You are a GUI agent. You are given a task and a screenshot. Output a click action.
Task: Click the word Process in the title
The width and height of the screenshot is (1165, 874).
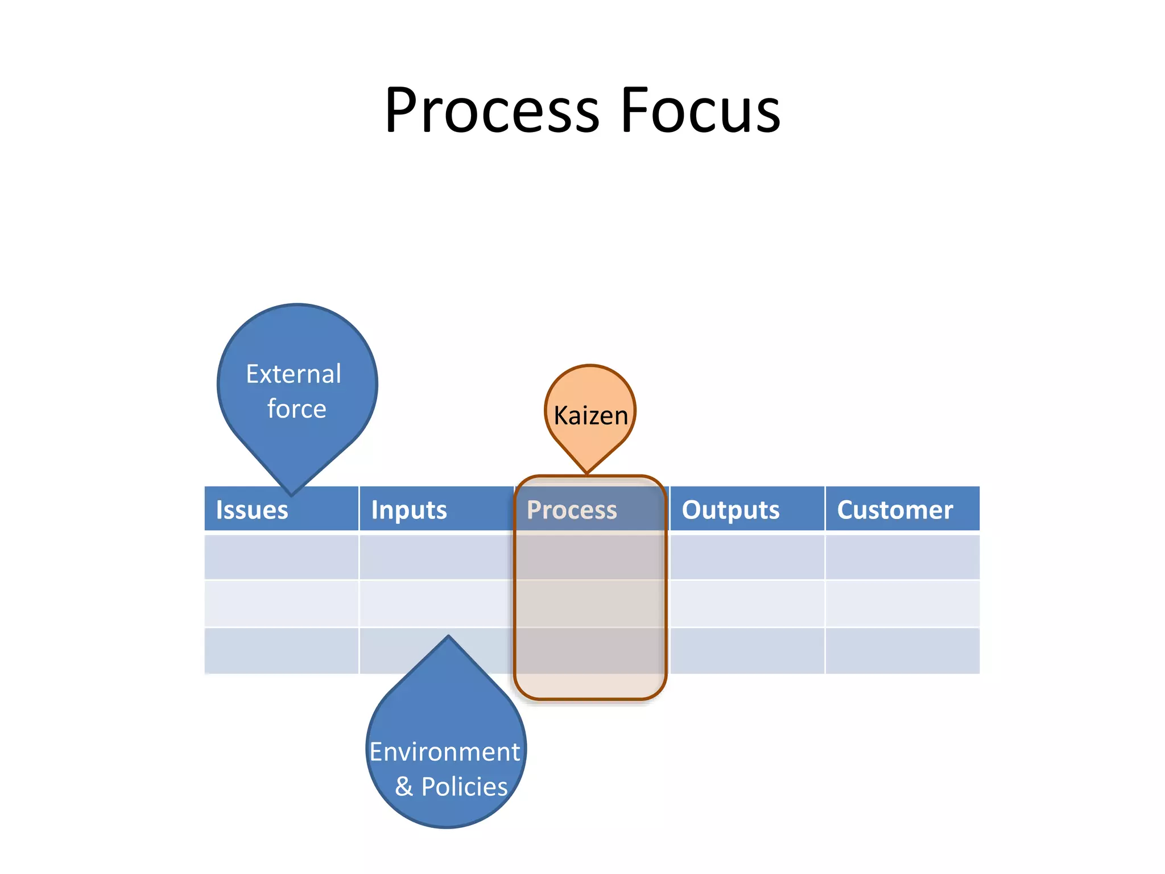coord(492,111)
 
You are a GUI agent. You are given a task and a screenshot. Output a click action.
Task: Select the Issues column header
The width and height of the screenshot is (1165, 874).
coord(252,510)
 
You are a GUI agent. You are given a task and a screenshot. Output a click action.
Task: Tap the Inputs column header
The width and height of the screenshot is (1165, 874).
coord(409,510)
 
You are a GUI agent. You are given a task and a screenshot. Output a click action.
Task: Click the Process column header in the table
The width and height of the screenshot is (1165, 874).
coord(572,510)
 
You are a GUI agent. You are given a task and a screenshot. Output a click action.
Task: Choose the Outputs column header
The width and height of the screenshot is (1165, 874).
coord(730,510)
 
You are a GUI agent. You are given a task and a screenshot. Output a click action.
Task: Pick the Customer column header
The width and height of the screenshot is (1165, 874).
coord(895,510)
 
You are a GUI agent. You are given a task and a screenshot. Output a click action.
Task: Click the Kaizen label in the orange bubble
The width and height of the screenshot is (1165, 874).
coord(590,415)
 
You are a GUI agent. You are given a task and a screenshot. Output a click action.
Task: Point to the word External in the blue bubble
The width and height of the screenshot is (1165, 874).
coord(294,374)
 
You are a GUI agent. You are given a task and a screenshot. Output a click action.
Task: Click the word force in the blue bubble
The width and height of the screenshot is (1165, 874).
coord(296,409)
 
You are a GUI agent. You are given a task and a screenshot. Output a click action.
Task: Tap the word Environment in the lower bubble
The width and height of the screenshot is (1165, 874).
coord(445,752)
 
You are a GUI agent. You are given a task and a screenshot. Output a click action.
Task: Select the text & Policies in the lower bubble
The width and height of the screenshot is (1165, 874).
coord(451,786)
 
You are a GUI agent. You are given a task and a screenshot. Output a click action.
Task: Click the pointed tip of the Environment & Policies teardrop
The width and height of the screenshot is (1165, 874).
coord(448,636)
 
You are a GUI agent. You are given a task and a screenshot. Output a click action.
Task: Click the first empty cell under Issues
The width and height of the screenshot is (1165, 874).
coord(281,557)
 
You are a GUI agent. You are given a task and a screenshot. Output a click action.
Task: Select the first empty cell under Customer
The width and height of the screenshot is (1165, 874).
coord(902,557)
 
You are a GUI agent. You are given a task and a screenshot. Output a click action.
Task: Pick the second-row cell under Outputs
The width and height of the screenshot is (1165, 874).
coord(747,604)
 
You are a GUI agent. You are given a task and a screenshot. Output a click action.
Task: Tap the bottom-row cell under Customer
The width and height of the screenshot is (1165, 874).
coord(902,651)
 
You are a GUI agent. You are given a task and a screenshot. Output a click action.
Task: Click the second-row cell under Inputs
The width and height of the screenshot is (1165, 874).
coord(436,604)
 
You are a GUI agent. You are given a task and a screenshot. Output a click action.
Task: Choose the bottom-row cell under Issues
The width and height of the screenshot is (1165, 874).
coord(281,651)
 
